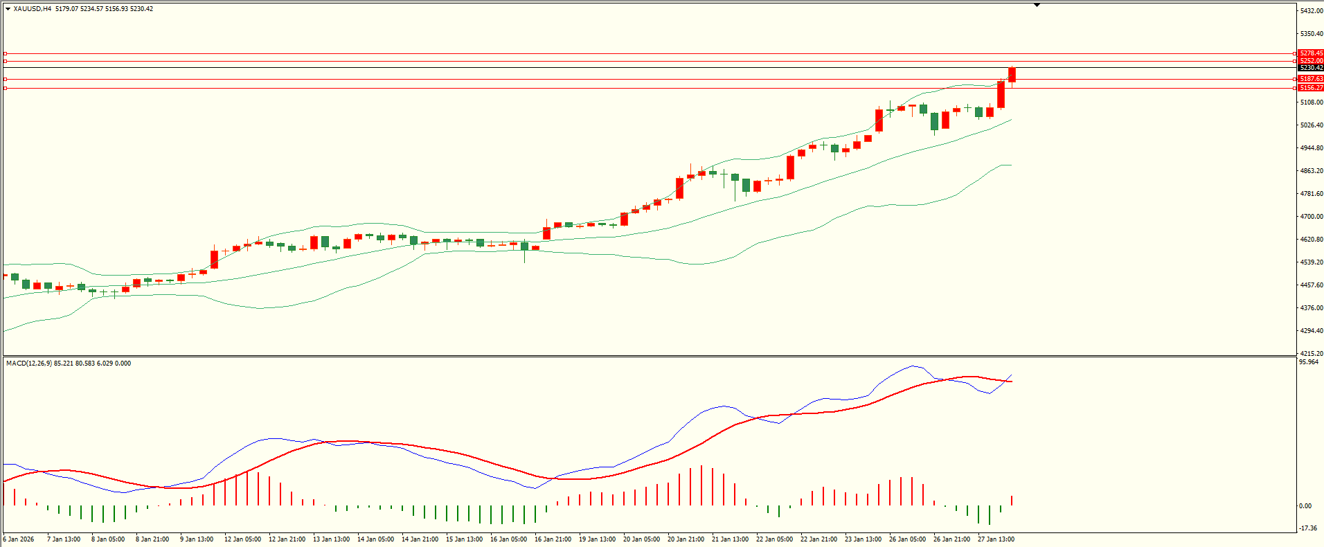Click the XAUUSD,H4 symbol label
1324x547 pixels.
pos(32,9)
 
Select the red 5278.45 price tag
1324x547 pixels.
pos(1311,53)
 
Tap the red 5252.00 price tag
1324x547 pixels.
pos(1311,61)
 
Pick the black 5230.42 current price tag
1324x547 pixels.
pos(1311,68)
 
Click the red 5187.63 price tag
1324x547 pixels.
pos(1311,79)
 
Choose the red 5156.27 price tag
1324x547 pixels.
pos(1311,88)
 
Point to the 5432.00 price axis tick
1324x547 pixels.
pos(1312,11)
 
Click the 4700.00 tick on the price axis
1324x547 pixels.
pos(1312,217)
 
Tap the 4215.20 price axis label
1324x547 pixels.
pos(1312,353)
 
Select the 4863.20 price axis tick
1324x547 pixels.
pos(1312,171)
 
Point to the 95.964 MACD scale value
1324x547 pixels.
pos(1309,362)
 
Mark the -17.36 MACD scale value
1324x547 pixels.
pos(1308,528)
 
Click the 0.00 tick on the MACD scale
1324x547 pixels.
pos(1305,506)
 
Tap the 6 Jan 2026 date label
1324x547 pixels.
pos(19,539)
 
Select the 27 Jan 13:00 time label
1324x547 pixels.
pos(996,539)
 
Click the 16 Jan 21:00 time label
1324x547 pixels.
pos(553,539)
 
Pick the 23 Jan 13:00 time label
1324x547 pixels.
pos(863,539)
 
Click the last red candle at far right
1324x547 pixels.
pos(1012,75)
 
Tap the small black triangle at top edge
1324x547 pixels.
pos(1037,5)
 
